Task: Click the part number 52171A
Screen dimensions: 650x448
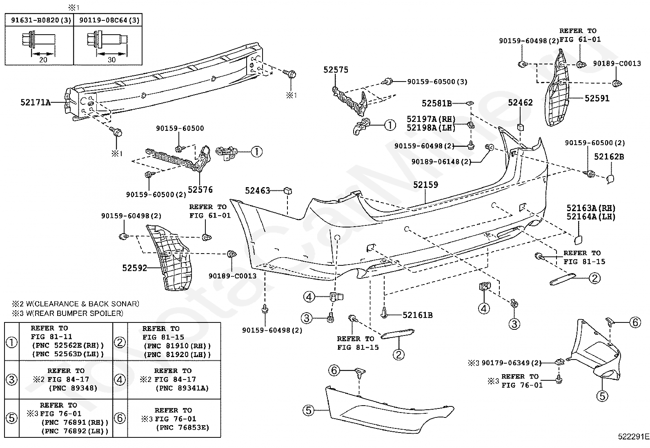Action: coord(36,102)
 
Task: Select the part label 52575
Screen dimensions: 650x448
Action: coord(336,70)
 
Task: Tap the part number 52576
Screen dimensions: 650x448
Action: coord(200,190)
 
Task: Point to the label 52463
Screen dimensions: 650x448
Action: coord(257,190)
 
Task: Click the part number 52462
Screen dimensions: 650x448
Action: coord(520,103)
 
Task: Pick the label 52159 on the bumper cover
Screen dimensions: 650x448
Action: coord(426,185)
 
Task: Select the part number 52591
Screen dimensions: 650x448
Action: coord(597,98)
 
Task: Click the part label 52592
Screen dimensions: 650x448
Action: coord(135,268)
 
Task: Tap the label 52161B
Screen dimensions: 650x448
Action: coord(418,315)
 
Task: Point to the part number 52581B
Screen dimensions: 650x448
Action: coord(437,104)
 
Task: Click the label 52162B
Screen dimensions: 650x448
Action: coord(609,157)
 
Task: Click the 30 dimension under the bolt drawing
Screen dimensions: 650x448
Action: coord(112,60)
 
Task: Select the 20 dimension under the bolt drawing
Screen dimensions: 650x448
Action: coord(43,60)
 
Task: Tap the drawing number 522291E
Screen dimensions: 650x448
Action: coord(634,437)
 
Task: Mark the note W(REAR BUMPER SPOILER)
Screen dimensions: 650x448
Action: coord(75,313)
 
